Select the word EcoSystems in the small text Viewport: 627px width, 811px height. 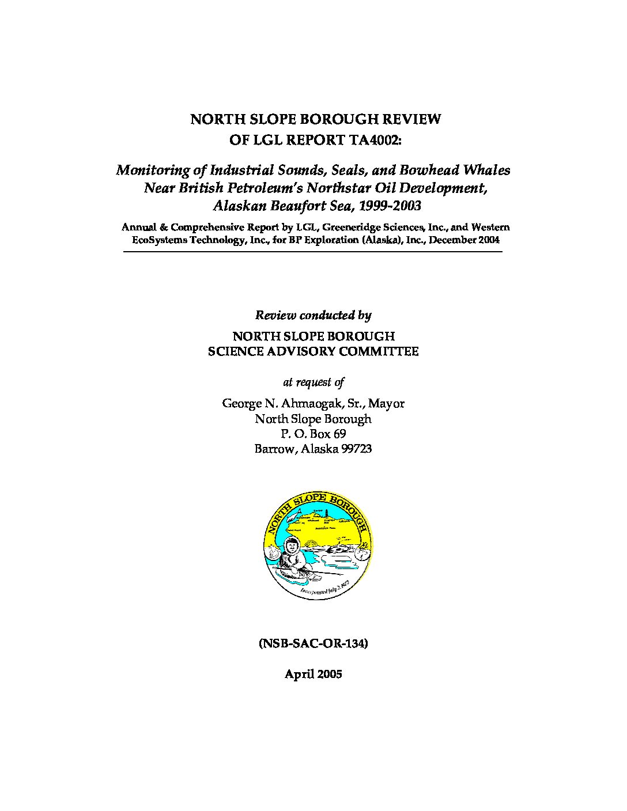[158, 240]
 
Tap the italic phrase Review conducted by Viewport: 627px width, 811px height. [313, 315]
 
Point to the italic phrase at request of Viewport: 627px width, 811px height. [313, 382]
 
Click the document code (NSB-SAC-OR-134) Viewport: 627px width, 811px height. [313, 643]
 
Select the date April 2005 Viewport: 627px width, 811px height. [313, 674]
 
